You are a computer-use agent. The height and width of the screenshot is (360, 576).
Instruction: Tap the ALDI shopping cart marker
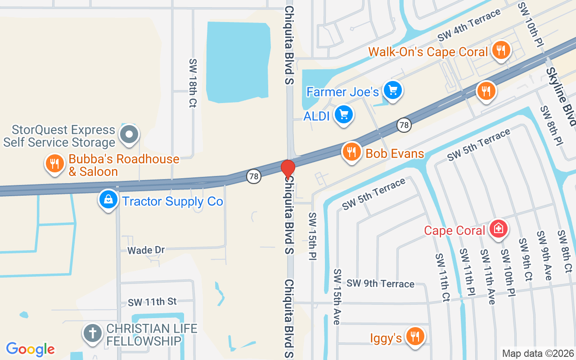344,115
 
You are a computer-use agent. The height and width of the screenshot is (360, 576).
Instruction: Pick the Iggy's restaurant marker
414,336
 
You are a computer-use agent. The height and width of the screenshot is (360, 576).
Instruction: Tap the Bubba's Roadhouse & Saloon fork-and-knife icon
55,164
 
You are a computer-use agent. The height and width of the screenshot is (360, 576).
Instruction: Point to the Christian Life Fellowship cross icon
92,334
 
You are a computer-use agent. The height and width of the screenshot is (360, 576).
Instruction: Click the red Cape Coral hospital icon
498,229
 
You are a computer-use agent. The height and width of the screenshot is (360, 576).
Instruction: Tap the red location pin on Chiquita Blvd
288,169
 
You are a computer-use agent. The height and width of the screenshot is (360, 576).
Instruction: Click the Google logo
31,349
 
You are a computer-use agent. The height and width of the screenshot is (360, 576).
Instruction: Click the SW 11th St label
152,302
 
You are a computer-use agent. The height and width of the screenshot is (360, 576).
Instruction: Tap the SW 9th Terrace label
380,283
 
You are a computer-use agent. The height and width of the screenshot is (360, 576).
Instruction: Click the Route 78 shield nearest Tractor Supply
254,176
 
